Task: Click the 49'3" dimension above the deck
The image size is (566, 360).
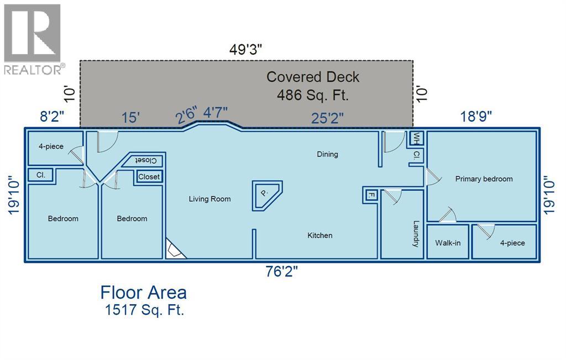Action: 245,50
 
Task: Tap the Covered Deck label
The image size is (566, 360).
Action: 313,77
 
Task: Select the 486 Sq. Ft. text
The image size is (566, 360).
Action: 313,95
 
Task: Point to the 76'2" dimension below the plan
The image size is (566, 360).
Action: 282,271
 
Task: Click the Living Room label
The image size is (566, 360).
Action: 209,199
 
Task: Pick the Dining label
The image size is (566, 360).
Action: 327,154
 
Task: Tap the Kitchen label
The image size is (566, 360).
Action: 320,236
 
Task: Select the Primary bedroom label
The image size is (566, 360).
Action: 484,179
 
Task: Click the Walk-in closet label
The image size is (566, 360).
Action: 448,243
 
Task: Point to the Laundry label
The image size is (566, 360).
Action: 416,233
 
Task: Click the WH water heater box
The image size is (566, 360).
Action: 417,138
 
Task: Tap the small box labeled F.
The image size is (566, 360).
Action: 371,195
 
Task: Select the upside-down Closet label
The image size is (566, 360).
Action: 146,160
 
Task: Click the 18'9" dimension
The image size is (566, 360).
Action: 476,117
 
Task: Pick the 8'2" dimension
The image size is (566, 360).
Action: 52,117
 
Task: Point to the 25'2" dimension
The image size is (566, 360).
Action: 327,118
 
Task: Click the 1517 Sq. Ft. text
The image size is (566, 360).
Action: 144,310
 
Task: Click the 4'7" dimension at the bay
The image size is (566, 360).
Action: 216,113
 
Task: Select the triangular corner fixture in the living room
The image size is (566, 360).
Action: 175,249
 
